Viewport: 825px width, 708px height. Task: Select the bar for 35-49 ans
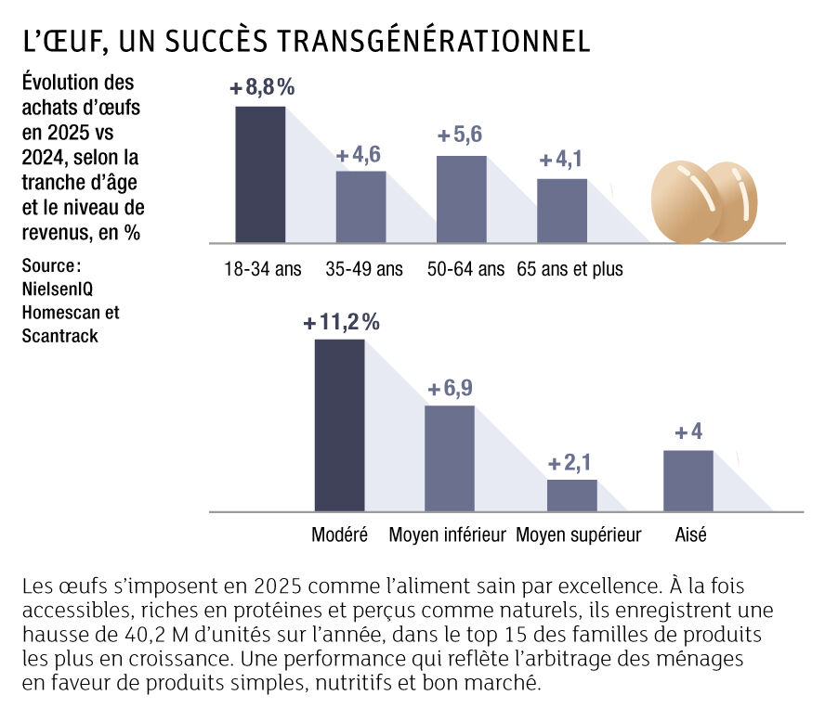point(360,207)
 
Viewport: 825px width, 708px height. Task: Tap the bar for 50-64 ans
point(462,200)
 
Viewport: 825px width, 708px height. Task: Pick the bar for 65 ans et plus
point(562,211)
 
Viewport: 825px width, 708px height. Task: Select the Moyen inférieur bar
point(450,458)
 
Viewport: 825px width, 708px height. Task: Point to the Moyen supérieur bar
point(571,496)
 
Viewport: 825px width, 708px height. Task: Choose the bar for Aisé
point(688,481)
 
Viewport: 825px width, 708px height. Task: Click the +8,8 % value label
point(262,88)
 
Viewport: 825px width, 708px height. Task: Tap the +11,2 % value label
point(341,322)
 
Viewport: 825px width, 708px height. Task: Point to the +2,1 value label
point(571,463)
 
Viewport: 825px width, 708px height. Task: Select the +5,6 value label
point(460,135)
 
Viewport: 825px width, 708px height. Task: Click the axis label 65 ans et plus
point(570,270)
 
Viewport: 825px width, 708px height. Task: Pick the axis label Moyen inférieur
point(447,535)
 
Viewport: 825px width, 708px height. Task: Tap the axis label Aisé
point(688,535)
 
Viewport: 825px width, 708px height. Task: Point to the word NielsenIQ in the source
point(57,289)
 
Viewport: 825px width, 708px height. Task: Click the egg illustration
point(706,201)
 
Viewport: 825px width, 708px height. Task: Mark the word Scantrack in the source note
point(59,335)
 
